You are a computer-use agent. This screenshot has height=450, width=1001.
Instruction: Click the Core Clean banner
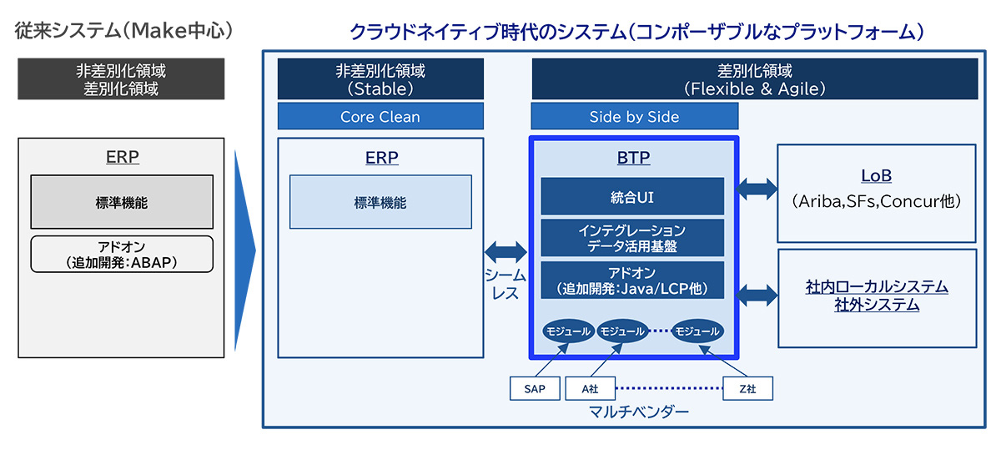pyautogui.click(x=380, y=116)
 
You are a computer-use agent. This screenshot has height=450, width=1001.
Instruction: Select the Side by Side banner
pyautogui.click(x=635, y=116)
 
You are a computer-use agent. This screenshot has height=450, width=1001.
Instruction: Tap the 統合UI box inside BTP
pyautogui.click(x=632, y=196)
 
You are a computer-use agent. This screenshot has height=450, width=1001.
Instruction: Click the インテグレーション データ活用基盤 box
pyautogui.click(x=632, y=238)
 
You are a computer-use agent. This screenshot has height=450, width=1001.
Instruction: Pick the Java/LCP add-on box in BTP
pyautogui.click(x=632, y=280)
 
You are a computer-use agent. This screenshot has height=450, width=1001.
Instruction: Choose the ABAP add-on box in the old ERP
pyautogui.click(x=122, y=254)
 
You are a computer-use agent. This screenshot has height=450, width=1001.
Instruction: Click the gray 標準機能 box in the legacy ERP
pyautogui.click(x=122, y=202)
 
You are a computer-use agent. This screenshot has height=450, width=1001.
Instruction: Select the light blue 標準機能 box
pyautogui.click(x=380, y=202)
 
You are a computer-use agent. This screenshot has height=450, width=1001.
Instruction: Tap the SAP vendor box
pyautogui.click(x=535, y=389)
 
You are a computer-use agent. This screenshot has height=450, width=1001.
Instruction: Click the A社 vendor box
pyautogui.click(x=591, y=389)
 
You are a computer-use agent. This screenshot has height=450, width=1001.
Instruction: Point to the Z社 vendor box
pyautogui.click(x=747, y=389)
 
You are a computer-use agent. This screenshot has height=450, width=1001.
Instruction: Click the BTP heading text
pyautogui.click(x=633, y=158)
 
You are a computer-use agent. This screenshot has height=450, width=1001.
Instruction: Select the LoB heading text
pyautogui.click(x=877, y=175)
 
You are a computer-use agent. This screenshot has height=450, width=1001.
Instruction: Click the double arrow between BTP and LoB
pyautogui.click(x=757, y=189)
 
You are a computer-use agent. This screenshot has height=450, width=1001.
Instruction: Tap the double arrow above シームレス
pyautogui.click(x=506, y=252)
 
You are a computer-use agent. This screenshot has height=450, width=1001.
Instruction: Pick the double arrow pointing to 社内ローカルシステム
pyautogui.click(x=757, y=296)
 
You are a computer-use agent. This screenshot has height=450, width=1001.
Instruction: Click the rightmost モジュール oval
pyautogui.click(x=697, y=331)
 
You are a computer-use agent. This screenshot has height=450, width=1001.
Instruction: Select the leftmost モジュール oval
pyautogui.click(x=568, y=331)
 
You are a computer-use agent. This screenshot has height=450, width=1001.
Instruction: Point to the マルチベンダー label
pyautogui.click(x=639, y=412)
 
